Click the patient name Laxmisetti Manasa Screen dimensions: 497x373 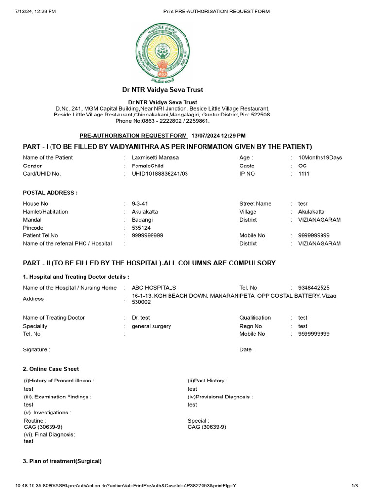155,158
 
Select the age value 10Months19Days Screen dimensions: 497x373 320,158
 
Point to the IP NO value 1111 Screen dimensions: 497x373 304,174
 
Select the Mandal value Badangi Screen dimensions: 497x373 142,220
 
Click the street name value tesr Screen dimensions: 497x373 303,204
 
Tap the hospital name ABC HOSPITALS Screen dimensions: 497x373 154,288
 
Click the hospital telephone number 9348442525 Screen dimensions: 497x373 314,288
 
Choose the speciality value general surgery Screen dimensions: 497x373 151,326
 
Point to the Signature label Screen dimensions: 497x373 36,349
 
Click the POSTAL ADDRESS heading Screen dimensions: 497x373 50,193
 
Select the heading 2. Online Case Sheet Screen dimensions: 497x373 51,369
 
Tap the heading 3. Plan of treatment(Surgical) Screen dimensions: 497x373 62,461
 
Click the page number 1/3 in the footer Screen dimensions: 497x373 354,486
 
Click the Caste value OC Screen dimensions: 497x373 303,166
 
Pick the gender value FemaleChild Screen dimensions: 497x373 148,166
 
